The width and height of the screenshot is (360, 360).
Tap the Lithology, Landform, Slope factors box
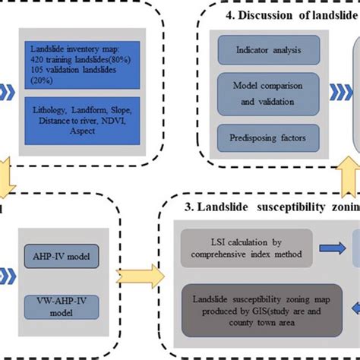(83, 120)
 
